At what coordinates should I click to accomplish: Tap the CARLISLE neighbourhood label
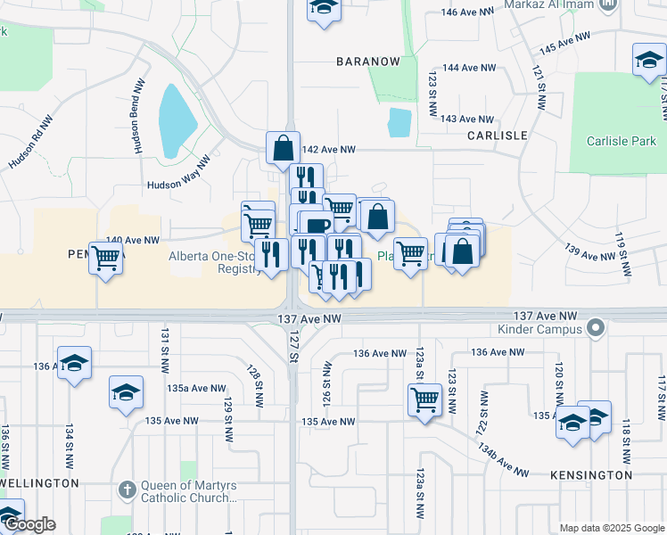click(x=497, y=136)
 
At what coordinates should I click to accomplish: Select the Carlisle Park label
click(x=621, y=141)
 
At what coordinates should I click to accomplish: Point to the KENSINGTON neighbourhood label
click(x=591, y=475)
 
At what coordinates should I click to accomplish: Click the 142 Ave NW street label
click(x=329, y=150)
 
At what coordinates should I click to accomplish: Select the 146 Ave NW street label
click(x=468, y=12)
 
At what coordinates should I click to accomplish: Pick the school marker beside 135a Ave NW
click(x=126, y=392)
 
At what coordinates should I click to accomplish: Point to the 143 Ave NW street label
click(x=467, y=119)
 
